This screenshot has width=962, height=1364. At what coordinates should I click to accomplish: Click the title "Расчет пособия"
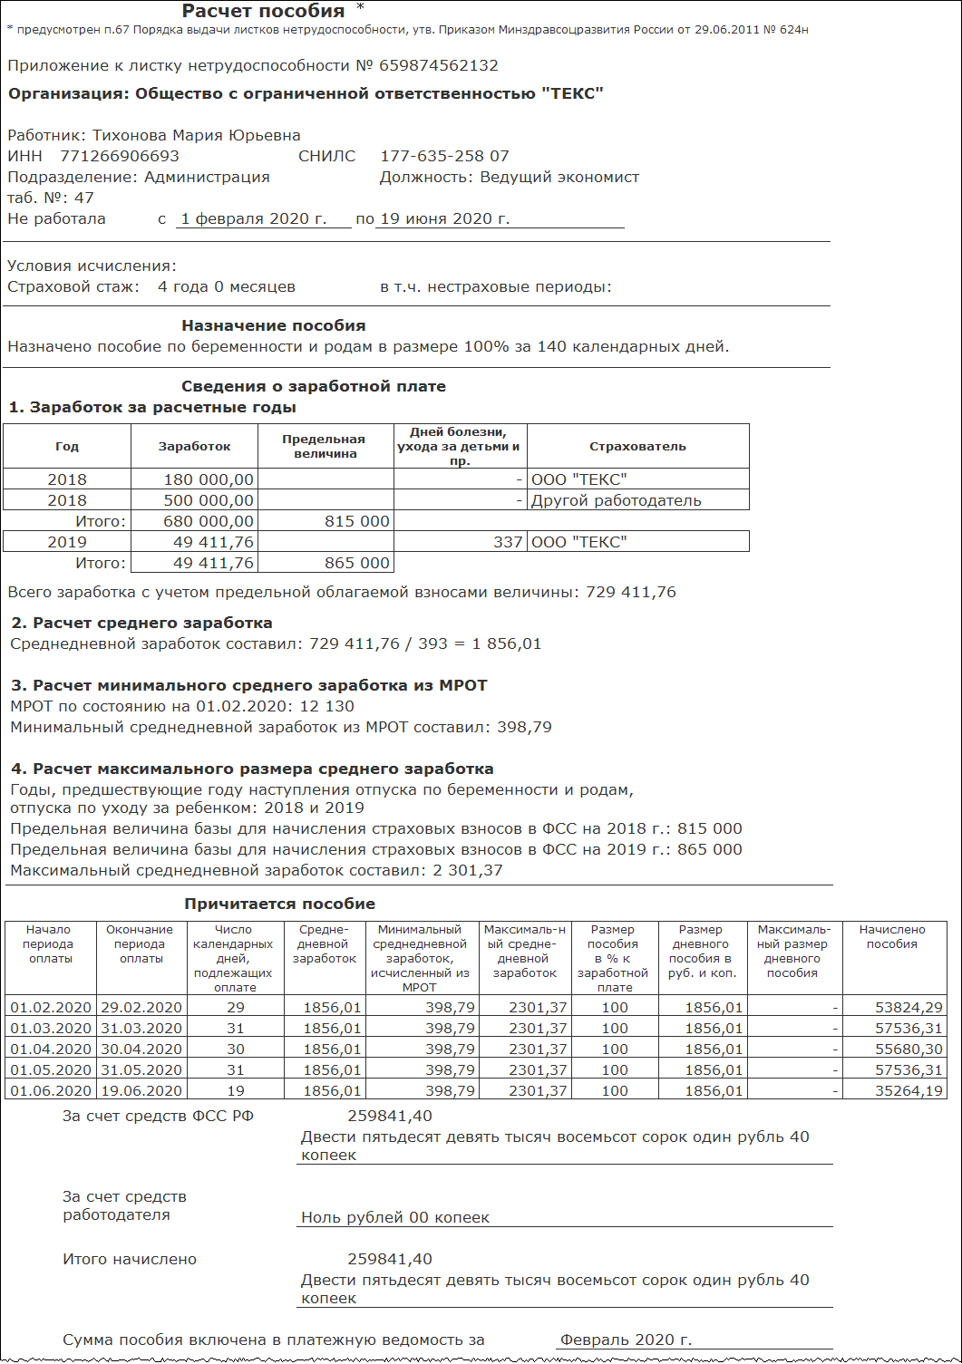263,12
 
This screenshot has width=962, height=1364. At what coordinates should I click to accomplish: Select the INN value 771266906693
120,156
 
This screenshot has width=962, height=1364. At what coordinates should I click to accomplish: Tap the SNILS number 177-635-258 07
444,156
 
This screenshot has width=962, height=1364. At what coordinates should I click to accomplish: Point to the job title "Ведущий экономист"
559,177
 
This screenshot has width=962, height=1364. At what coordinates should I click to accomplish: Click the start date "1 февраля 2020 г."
253,218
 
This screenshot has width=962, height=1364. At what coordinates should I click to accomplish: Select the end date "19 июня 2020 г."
445,218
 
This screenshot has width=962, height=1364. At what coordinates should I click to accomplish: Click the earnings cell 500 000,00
209,500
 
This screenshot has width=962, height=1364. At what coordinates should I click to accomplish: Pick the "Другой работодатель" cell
617,500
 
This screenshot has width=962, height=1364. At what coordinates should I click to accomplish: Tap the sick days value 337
508,542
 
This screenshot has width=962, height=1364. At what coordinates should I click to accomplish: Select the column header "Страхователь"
637,446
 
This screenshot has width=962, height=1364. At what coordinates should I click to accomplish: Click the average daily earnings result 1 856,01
507,643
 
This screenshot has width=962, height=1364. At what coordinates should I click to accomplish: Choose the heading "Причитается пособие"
279,904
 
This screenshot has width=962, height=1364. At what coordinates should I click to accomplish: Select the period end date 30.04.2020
141,1049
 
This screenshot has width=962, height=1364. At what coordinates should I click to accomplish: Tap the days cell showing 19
235,1090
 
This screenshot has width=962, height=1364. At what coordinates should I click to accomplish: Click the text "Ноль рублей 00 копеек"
395,1217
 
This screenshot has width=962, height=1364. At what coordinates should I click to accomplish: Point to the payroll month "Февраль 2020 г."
626,1340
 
